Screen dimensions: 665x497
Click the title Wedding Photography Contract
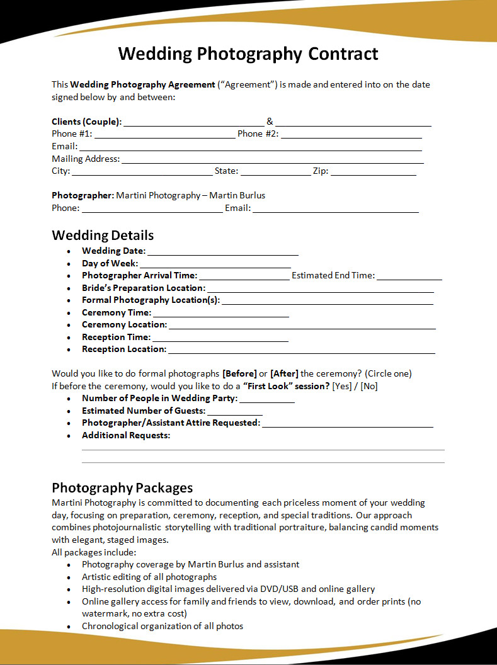coord(248,54)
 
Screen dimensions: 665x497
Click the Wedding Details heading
coord(103,236)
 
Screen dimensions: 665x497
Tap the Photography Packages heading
coord(122,487)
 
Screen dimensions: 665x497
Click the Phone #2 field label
coord(258,134)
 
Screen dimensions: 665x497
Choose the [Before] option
coord(239,373)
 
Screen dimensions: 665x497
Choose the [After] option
coord(284,373)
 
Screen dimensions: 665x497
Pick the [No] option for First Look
coord(369,386)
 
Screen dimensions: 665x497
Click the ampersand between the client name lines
coord(270,122)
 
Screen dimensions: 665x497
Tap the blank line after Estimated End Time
coord(409,277)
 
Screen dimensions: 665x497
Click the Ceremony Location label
coord(124,324)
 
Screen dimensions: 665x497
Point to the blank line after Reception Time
coord(220,339)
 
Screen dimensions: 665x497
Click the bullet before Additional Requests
coord(69,436)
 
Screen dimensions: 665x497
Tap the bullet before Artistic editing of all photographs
coord(69,577)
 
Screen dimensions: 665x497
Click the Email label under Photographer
coord(237,208)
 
